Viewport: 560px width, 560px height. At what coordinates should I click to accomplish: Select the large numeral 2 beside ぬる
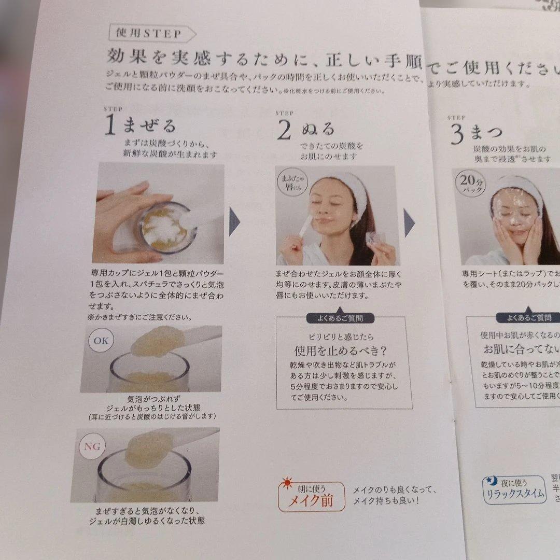(284, 131)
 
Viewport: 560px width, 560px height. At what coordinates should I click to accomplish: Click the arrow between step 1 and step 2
(234, 221)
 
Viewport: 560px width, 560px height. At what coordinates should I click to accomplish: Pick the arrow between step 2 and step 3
(409, 226)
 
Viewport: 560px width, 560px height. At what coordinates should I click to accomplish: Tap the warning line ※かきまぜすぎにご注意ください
(139, 316)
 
